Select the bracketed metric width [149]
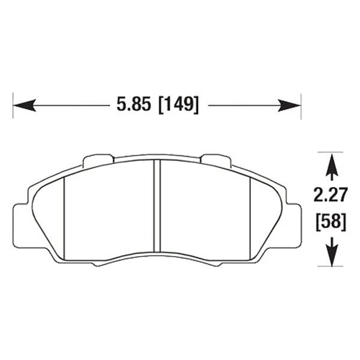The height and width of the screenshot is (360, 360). pyautogui.click(x=178, y=104)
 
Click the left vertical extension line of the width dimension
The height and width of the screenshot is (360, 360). pyautogui.click(x=13, y=106)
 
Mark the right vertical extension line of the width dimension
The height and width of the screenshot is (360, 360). pyautogui.click(x=301, y=106)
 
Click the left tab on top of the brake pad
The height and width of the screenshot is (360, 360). pyautogui.click(x=98, y=160)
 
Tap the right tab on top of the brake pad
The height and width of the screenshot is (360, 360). pyautogui.click(x=215, y=160)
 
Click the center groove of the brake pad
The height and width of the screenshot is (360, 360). pyautogui.click(x=156, y=207)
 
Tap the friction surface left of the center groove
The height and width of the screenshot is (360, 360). pyautogui.click(x=108, y=210)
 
